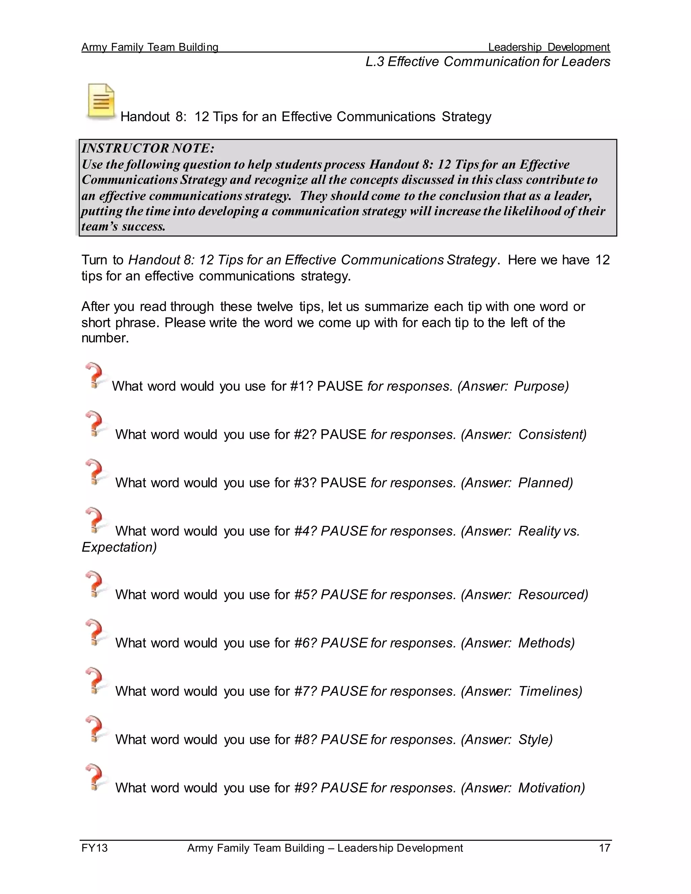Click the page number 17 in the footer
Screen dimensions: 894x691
604,848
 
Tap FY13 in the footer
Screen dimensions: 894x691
94,848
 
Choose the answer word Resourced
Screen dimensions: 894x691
551,594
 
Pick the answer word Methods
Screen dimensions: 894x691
545,643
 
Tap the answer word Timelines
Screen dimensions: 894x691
549,691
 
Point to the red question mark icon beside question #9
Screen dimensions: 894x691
95,777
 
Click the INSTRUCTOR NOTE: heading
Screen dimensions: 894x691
148,148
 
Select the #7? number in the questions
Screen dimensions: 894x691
305,691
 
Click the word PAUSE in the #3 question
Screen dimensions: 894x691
343,483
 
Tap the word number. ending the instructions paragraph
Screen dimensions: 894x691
105,338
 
